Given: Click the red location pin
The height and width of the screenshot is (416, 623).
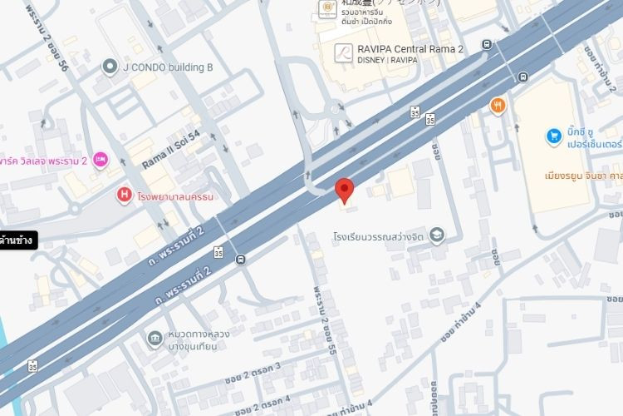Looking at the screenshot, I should pos(345,190).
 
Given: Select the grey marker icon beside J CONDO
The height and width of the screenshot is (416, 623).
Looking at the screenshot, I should pos(109,66).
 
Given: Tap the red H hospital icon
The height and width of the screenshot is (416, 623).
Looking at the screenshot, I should pos(124,196).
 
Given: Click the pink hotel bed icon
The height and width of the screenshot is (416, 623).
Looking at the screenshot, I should pos(101,158).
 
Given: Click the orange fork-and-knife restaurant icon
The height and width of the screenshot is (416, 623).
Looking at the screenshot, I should pos(498,106).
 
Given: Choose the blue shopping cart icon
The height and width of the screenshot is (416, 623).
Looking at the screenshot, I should pos(553,135).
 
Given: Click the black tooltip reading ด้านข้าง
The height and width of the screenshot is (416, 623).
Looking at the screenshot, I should pos(17,240).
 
